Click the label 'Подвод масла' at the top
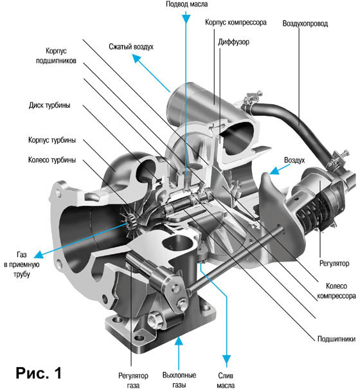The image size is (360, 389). (x=186, y=5)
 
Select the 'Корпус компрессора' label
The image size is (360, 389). (x=236, y=23)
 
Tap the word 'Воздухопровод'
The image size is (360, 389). (x=305, y=24)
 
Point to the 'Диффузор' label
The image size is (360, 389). (x=233, y=42)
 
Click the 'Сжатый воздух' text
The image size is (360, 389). (x=131, y=47)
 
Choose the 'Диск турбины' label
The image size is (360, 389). (x=50, y=105)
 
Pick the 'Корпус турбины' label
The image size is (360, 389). (x=52, y=140)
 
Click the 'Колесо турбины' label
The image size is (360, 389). (x=52, y=160)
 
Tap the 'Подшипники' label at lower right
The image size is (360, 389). (x=336, y=339)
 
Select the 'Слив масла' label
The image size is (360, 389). (x=226, y=380)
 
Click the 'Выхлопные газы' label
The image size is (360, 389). (x=179, y=380)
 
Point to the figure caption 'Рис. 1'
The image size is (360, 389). (x=39, y=373)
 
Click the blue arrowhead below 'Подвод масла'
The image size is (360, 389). (x=186, y=19)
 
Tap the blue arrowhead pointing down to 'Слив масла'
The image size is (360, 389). (x=226, y=359)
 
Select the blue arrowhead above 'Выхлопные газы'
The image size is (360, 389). (x=179, y=341)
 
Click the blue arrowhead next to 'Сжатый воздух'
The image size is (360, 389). (x=136, y=59)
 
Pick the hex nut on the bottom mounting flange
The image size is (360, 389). (x=155, y=320)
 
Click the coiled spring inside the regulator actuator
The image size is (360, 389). (x=314, y=214)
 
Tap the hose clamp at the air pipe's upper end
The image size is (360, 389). (x=251, y=100)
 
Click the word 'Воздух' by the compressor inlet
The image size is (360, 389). (x=294, y=160)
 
